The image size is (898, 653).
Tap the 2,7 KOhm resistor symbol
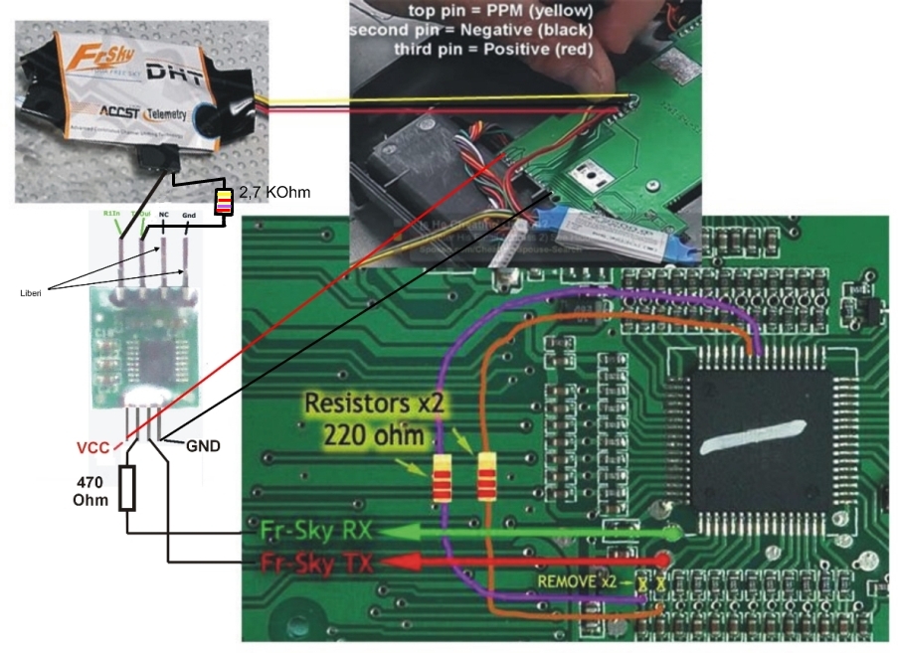[x=225, y=202]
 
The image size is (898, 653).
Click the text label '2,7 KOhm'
[x=273, y=192]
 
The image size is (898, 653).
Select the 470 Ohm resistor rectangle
[x=126, y=488]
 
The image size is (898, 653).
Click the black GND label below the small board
[x=203, y=447]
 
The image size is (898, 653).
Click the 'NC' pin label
[x=163, y=214]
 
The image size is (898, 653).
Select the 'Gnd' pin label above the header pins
[x=187, y=214]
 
